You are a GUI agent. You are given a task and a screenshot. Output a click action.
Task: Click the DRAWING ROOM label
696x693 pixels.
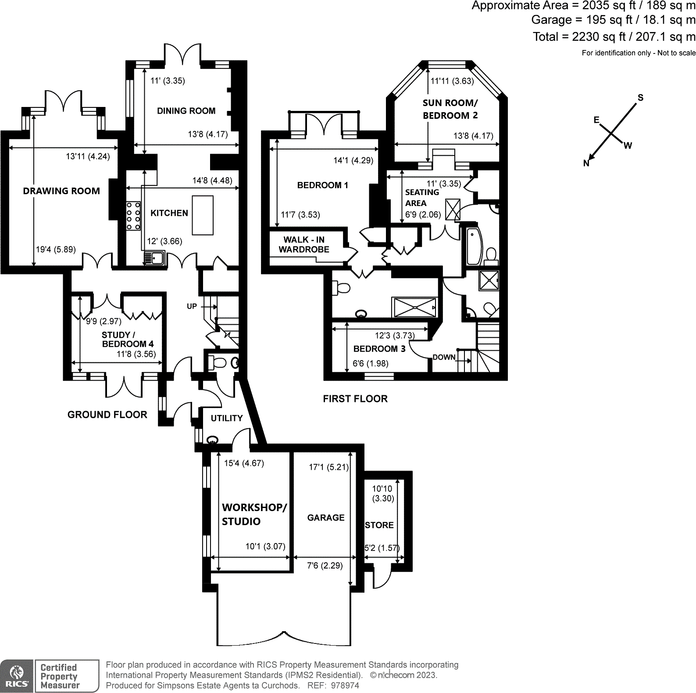(x=61, y=191)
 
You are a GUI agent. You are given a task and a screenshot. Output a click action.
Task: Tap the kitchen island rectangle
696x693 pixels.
(x=203, y=215)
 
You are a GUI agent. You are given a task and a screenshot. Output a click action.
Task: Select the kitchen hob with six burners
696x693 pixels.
(x=133, y=215)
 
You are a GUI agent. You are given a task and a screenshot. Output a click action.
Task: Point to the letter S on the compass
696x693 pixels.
(x=640, y=98)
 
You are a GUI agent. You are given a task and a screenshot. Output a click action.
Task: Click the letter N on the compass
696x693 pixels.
(x=586, y=163)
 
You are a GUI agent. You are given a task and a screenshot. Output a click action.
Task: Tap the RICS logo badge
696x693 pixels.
(x=17, y=675)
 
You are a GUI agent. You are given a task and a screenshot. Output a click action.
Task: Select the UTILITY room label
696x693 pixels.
(x=226, y=418)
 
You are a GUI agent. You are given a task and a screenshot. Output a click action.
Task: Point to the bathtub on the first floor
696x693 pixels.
(x=474, y=246)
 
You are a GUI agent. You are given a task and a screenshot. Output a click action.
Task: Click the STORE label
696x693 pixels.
(x=379, y=525)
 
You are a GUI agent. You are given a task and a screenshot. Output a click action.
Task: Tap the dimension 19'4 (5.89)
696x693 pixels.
(x=55, y=249)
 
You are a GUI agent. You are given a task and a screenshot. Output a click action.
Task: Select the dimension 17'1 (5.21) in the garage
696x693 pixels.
(x=328, y=467)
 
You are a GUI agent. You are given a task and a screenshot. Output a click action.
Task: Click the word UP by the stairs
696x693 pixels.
(x=192, y=306)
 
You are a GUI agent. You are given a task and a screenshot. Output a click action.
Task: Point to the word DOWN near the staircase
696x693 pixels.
(x=444, y=357)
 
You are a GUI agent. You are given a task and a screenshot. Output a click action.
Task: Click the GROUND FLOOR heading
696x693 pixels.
(x=107, y=415)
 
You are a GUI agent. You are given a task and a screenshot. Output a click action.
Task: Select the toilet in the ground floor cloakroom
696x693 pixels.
(x=218, y=362)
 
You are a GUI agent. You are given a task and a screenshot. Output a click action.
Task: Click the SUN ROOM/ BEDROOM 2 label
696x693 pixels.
(x=450, y=109)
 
